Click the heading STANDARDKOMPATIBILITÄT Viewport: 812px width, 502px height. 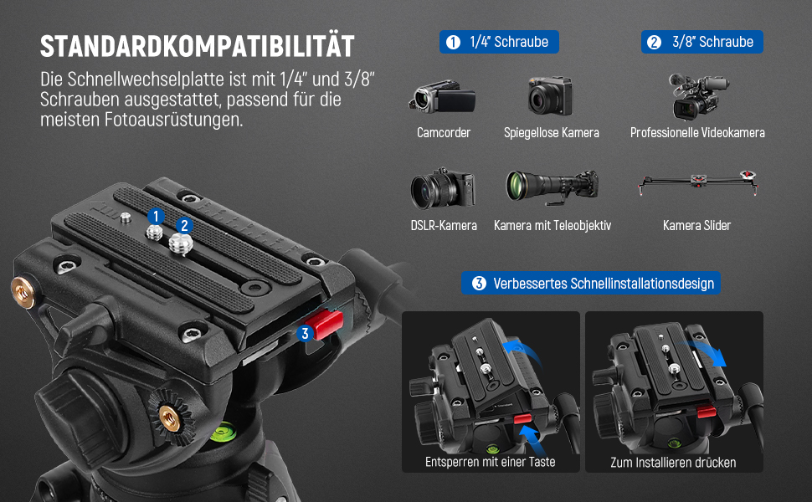point(198,46)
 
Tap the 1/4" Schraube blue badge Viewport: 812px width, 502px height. point(499,42)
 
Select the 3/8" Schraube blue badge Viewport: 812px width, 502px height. point(702,42)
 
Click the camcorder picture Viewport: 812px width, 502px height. point(442,97)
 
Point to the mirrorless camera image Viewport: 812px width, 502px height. point(550,95)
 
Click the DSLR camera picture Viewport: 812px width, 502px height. point(443,188)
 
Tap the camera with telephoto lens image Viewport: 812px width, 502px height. point(552,187)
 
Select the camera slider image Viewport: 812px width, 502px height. point(698,182)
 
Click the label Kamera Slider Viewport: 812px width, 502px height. point(696,226)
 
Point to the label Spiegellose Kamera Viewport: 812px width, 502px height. point(552,133)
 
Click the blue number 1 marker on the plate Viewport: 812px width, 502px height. point(156,217)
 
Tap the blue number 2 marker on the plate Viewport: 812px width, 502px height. point(184,226)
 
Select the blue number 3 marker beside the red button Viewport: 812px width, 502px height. point(305,334)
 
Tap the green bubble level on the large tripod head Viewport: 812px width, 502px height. point(224,432)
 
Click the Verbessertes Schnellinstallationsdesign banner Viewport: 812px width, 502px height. point(591,283)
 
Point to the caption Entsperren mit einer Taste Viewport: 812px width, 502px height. point(490,462)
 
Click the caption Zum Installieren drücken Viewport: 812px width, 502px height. point(673,462)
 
